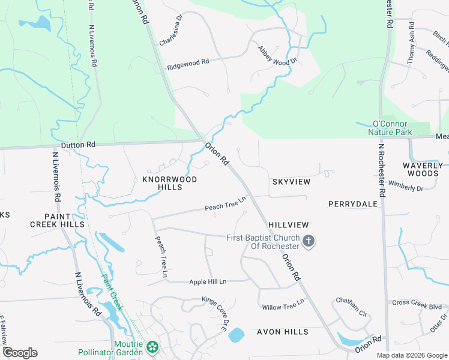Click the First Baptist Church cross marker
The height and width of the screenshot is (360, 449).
pyautogui.click(x=308, y=241)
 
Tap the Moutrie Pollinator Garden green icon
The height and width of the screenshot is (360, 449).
pyautogui.click(x=152, y=346)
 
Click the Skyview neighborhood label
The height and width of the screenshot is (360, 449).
pyautogui.click(x=291, y=181)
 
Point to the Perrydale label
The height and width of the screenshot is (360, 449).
pyautogui.click(x=353, y=204)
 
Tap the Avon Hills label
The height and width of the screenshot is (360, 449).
pyautogui.click(x=282, y=332)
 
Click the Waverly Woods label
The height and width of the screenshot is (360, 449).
pyautogui.click(x=421, y=169)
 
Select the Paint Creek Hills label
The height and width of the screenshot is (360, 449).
pyautogui.click(x=56, y=220)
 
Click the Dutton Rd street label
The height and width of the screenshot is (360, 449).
pyautogui.click(x=79, y=145)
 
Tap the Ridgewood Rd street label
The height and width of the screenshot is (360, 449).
pyautogui.click(x=188, y=62)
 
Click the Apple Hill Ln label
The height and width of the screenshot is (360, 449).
pyautogui.click(x=208, y=281)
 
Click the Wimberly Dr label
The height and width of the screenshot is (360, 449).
pyautogui.click(x=406, y=185)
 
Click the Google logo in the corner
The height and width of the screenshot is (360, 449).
pyautogui.click(x=20, y=353)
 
